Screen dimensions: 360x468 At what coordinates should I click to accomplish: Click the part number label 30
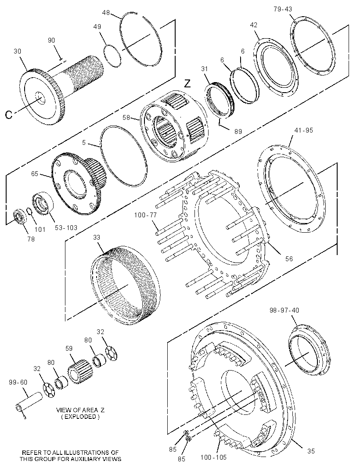[x=17, y=51]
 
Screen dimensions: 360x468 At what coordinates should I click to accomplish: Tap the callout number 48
[x=106, y=13]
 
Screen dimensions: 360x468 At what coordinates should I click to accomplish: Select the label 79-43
[x=283, y=9]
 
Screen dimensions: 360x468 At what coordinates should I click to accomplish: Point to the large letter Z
[x=187, y=83]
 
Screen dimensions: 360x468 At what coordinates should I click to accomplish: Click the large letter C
[x=9, y=115]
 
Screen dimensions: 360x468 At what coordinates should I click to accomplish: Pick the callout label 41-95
[x=303, y=130]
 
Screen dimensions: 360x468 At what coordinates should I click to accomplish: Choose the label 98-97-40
[x=284, y=310]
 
